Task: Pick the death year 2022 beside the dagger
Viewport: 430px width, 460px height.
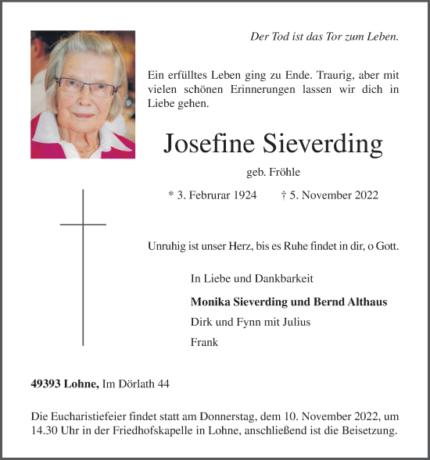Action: [x=364, y=195]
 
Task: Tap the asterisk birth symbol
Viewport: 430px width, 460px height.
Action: [x=171, y=194]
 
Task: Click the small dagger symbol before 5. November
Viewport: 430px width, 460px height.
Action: [x=282, y=195]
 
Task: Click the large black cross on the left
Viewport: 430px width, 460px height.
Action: [x=83, y=266]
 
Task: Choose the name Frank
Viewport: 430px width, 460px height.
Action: [x=204, y=342]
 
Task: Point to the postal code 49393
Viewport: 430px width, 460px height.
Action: [x=47, y=383]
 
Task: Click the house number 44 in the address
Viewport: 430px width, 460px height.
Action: [x=162, y=383]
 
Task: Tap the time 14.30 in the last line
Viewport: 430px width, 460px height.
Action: [x=45, y=431]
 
